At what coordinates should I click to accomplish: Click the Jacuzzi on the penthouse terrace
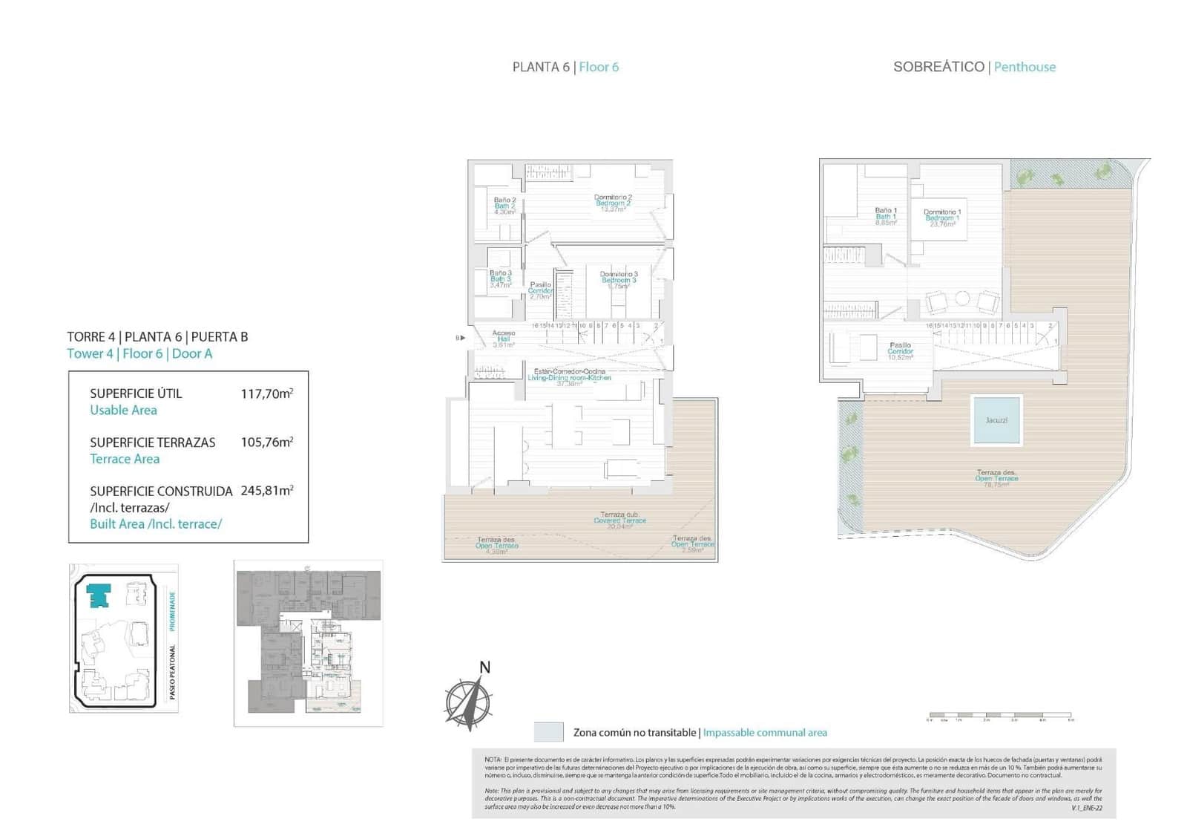pyautogui.click(x=996, y=420)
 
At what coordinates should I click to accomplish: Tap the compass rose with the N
pyautogui.click(x=468, y=702)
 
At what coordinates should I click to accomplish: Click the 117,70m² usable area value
pyautogui.click(x=266, y=394)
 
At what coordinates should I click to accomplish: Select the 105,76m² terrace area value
pyautogui.click(x=266, y=442)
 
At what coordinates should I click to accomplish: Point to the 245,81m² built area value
pyautogui.click(x=266, y=491)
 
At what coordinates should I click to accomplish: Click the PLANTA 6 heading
pyautogui.click(x=541, y=67)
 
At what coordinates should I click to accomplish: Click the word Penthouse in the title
pyautogui.click(x=1025, y=67)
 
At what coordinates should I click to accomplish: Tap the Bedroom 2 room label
pyautogui.click(x=613, y=203)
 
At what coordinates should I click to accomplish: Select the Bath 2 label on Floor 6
pyautogui.click(x=504, y=206)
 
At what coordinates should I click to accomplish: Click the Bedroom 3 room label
pyautogui.click(x=619, y=280)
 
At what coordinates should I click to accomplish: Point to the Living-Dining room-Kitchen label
pyautogui.click(x=569, y=377)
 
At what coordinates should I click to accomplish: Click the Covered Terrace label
pyautogui.click(x=619, y=520)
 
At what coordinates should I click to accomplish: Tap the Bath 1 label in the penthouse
pyautogui.click(x=886, y=216)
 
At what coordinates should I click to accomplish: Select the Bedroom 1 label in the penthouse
pyautogui.click(x=942, y=218)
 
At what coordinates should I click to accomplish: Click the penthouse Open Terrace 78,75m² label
pyautogui.click(x=996, y=479)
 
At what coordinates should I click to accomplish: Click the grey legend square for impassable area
pyautogui.click(x=548, y=732)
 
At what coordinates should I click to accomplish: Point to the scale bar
pyautogui.click(x=999, y=716)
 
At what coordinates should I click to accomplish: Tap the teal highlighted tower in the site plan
pyautogui.click(x=99, y=595)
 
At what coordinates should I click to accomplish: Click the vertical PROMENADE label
pyautogui.click(x=172, y=611)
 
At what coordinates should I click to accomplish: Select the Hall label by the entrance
pyautogui.click(x=504, y=339)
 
